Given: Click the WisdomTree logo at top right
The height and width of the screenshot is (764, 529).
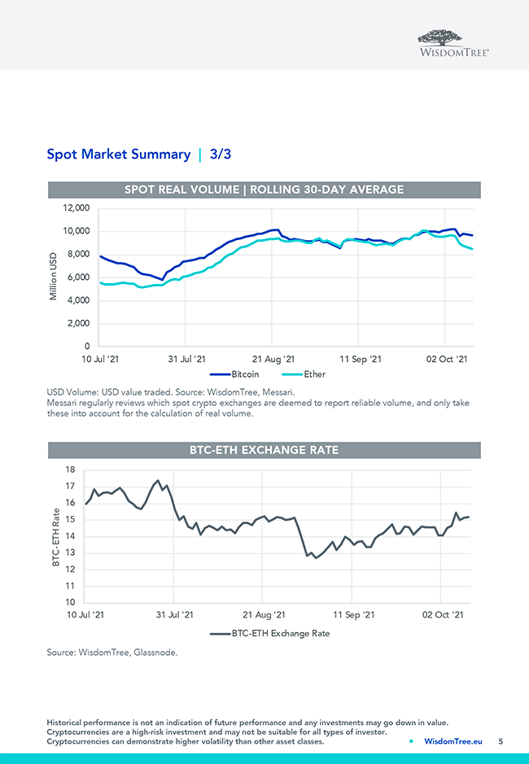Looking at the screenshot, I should [453, 41].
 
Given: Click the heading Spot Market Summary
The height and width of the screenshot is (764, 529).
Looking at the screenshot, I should [119, 154].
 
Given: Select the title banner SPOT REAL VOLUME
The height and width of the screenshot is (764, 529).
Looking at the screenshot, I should [264, 190].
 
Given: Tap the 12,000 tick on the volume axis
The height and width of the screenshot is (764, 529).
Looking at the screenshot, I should [76, 208].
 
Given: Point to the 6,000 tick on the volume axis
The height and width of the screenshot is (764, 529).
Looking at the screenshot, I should [78, 277].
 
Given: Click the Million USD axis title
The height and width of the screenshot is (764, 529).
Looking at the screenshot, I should [54, 277].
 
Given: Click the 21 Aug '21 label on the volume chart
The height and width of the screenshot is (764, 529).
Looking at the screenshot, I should [273, 359].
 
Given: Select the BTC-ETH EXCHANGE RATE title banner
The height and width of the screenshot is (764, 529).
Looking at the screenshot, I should [264, 450].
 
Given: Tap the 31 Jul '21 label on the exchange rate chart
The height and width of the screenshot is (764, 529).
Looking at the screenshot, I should [174, 615].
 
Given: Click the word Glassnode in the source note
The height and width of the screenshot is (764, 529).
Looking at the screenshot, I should [155, 652].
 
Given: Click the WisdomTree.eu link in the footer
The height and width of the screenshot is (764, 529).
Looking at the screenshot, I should [452, 741].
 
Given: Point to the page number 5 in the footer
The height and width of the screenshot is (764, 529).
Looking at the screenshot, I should [501, 741].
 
